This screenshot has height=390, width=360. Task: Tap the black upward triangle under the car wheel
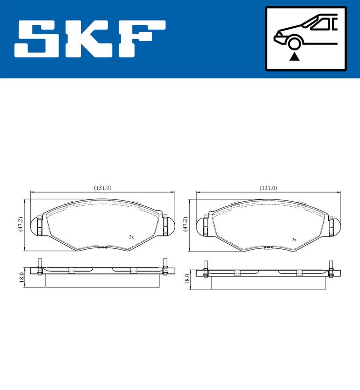tap(294, 57)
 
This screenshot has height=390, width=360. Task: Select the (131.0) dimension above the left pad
tap(102, 188)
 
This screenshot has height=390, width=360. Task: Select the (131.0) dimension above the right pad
tap(268, 188)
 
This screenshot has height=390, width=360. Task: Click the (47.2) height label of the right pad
tap(185, 225)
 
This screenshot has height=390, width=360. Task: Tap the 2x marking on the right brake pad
tap(294, 239)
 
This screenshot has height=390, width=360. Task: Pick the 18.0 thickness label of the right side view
tap(187, 278)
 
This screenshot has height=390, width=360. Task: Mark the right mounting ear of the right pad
tap(334, 225)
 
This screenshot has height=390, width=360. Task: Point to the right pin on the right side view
tap(331, 269)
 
